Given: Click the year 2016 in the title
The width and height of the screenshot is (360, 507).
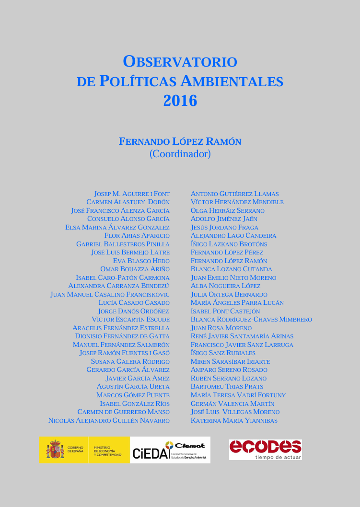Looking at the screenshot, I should point(180,101).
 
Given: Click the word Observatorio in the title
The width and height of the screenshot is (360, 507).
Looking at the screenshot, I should point(180,61).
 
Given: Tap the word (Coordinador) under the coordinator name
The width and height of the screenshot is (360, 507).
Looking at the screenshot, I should point(180,154).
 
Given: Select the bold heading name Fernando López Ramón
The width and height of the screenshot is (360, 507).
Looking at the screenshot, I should point(180,142).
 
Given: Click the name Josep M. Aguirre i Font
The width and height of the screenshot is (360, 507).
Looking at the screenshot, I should point(132,194).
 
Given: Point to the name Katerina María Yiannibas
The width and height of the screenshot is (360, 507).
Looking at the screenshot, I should point(234,420).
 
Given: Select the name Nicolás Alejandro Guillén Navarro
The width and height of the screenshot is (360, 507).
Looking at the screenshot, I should point(109,420).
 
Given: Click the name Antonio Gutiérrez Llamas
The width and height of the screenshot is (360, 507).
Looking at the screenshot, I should point(234,194).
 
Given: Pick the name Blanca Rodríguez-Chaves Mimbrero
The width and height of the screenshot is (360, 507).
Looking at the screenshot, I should point(251,320).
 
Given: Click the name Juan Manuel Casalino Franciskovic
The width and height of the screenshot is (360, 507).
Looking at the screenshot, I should point(110,295).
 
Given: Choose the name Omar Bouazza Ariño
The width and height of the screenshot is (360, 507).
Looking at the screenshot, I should point(135,269).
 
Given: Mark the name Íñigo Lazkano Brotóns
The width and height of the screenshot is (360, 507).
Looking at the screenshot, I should point(229,244).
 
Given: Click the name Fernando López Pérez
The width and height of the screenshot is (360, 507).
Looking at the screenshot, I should point(227,253).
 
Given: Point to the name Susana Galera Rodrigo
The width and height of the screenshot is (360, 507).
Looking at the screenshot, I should point(130,362).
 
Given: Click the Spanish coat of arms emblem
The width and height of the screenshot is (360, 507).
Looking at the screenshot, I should point(55,450).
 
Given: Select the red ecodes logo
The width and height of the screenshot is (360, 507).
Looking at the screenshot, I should point(265,447).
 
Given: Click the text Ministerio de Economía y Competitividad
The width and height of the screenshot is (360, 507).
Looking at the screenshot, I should point(107,450).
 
